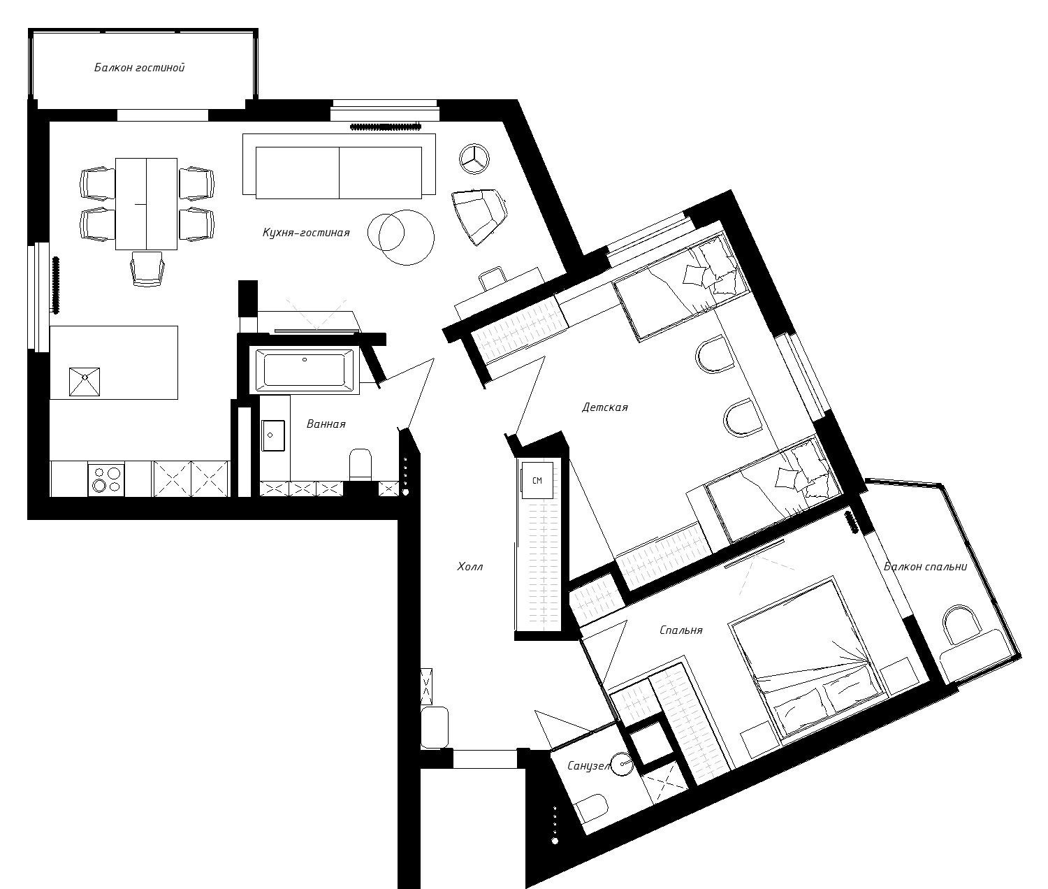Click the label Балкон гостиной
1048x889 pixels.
(x=139, y=68)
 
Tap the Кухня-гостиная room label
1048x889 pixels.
(x=305, y=233)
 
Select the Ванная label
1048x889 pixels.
(x=326, y=424)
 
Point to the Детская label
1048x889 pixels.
(x=604, y=407)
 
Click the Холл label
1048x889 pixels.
(x=470, y=567)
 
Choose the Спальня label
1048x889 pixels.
(x=681, y=630)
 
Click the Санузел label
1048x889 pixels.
(x=588, y=766)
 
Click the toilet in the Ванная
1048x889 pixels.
(x=361, y=464)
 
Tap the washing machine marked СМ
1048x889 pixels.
(x=537, y=481)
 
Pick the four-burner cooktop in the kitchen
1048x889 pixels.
(x=106, y=479)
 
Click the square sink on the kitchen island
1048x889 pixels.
(x=84, y=382)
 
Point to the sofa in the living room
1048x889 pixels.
(x=339, y=172)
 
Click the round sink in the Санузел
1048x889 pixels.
(x=622, y=763)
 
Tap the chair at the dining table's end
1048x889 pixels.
(x=148, y=269)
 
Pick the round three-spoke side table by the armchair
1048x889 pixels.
(x=475, y=158)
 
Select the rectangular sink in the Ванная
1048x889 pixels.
(x=273, y=437)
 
